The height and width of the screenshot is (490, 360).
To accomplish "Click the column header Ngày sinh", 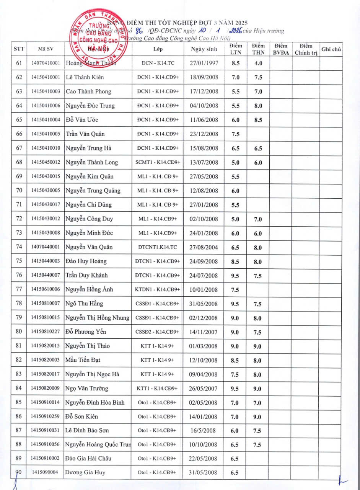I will [204, 49].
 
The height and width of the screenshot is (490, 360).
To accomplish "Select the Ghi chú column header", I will [331, 49].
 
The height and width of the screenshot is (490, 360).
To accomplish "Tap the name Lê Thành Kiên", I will [85, 77].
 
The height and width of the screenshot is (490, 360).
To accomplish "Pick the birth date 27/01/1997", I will [204, 63].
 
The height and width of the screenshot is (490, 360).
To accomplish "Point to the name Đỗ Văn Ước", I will [82, 120].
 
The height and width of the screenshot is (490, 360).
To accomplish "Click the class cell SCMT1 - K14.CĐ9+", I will [158, 162].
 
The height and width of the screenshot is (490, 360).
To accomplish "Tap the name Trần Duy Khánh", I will [86, 275].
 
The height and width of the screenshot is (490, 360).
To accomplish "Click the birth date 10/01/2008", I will [204, 290].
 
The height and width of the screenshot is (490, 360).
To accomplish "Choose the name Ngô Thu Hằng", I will [84, 304].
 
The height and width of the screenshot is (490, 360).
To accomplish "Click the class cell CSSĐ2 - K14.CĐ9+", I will [158, 332].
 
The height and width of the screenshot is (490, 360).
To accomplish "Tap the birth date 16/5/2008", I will [204, 430].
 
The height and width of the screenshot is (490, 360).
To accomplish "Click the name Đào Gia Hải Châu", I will [88, 458].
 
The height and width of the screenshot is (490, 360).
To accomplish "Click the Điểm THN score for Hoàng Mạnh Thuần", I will [258, 63].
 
